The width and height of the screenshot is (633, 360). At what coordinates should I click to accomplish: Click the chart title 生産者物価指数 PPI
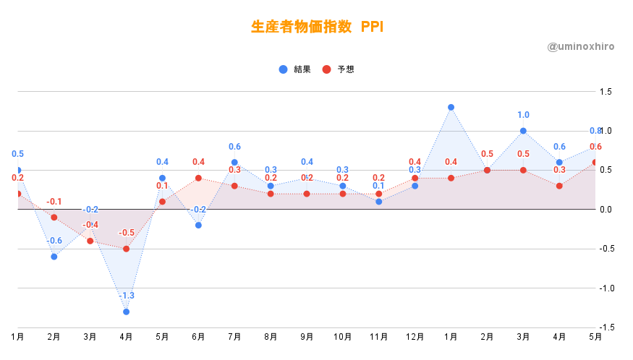[x=317, y=27]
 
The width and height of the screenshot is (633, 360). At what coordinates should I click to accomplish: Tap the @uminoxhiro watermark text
[x=581, y=46]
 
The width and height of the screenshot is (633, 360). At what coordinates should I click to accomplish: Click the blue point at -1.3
[x=126, y=312]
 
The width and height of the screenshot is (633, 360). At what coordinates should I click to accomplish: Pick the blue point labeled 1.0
[x=523, y=131]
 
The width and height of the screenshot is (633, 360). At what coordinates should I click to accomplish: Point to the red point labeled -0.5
[x=126, y=249]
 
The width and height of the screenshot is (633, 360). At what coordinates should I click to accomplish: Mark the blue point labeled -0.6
[x=54, y=257]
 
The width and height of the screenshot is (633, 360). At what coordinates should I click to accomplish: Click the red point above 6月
[x=198, y=178]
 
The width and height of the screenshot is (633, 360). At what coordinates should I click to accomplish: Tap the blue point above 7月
[x=234, y=163]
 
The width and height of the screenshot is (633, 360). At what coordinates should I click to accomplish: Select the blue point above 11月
[x=378, y=202]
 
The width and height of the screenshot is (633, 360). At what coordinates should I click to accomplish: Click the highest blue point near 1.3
[x=451, y=107]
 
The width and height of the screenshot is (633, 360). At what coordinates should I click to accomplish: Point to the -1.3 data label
[x=126, y=296]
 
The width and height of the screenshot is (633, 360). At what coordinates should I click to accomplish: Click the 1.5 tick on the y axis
[x=605, y=92]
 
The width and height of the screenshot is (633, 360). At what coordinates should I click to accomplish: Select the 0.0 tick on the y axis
[x=605, y=210]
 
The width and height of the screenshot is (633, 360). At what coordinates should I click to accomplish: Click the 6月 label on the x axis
[x=198, y=337]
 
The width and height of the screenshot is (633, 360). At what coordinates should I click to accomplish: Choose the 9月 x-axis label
[x=306, y=337]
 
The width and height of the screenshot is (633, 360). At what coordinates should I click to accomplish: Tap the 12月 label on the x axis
[x=415, y=337]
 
